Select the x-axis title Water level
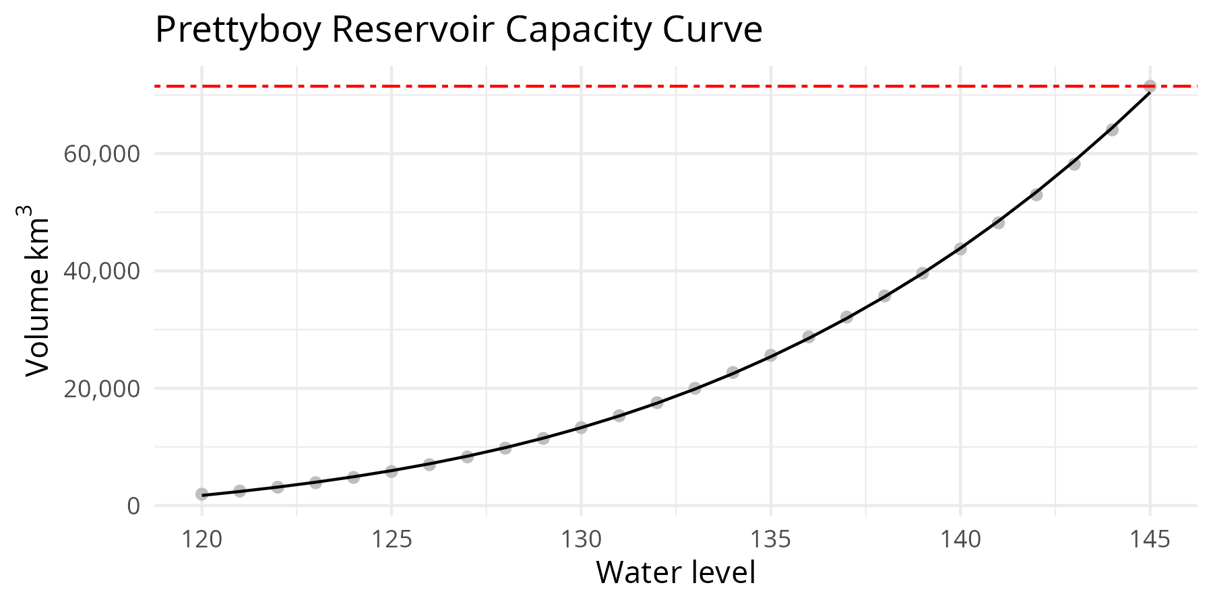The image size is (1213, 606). pos(675,573)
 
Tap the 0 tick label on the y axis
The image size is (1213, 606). pos(133,506)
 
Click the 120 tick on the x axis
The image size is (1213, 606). pos(201,540)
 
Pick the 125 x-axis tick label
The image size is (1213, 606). pos(392,540)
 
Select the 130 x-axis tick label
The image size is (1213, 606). pos(581,540)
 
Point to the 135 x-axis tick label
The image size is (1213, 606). pos(771,540)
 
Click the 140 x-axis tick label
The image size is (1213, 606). pos(960,540)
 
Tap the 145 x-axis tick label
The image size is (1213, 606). pos(1150,540)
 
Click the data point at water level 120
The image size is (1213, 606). pos(201,494)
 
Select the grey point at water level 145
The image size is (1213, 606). pos(1150,86)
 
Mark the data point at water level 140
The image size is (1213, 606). pos(960,248)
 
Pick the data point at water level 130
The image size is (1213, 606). pos(581,427)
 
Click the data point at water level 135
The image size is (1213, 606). pos(771,355)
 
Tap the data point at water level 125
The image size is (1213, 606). pos(392,471)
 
